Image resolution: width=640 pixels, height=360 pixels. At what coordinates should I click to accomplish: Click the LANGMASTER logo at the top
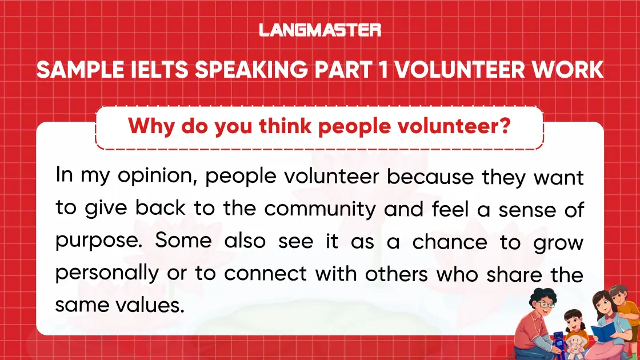pos(320,30)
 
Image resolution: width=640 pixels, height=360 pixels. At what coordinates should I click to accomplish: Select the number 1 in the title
pos(382,70)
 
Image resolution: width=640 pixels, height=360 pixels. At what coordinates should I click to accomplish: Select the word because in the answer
pos(431,177)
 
